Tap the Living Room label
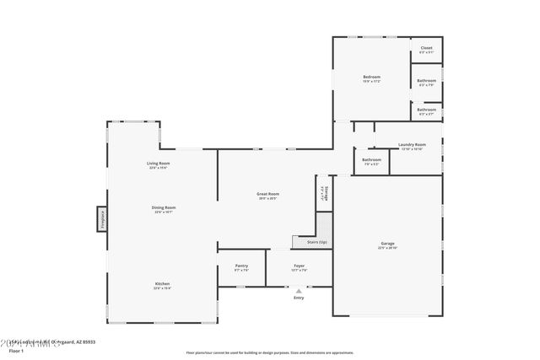click(x=158, y=163)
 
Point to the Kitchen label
click(x=162, y=283)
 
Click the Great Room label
click(x=267, y=193)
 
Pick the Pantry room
click(x=241, y=266)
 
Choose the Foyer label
click(x=299, y=266)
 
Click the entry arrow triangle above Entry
click(x=298, y=290)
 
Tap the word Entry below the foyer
click(x=299, y=298)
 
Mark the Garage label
click(x=387, y=244)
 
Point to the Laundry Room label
click(x=413, y=144)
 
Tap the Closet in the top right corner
click(x=426, y=48)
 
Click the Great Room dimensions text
click(x=267, y=198)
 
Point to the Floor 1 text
click(x=15, y=349)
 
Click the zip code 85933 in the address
click(x=88, y=341)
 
